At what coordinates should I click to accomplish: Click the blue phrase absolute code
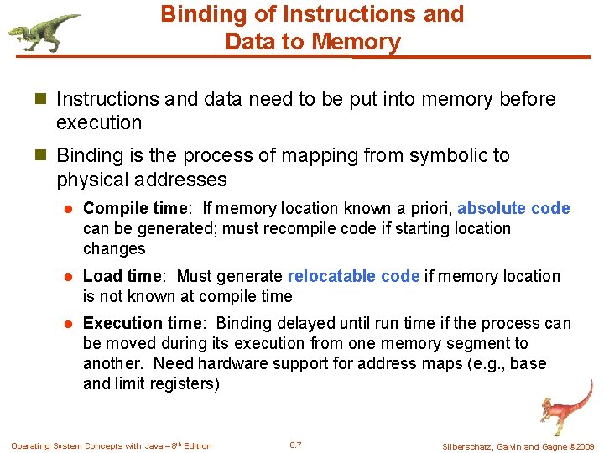[x=513, y=208]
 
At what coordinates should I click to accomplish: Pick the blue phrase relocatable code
[x=353, y=276]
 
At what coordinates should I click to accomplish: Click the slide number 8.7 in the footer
[x=295, y=445]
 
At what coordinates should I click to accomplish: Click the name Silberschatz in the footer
[x=470, y=446]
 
